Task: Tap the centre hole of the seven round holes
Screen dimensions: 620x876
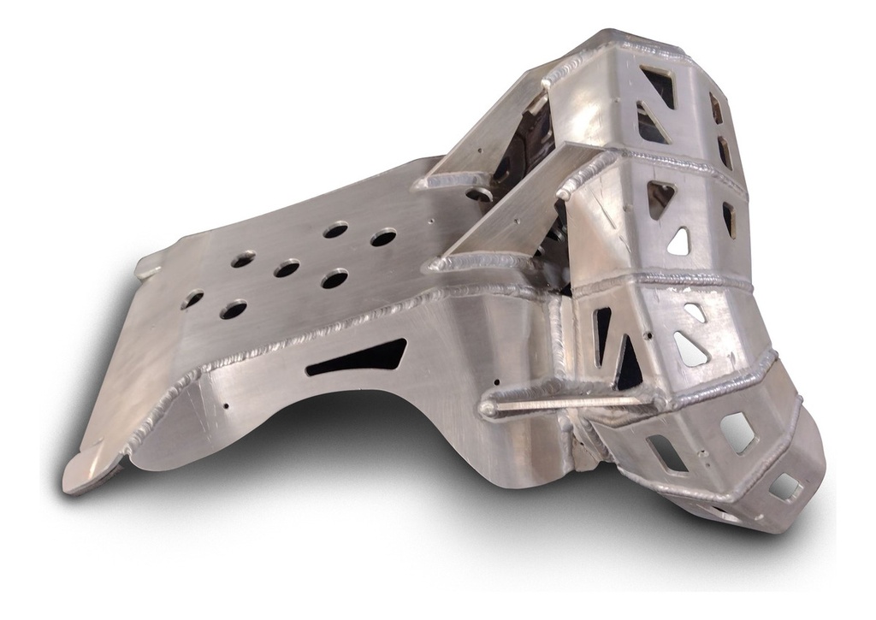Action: tap(287, 269)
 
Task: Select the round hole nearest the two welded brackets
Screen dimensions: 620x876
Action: tap(382, 237)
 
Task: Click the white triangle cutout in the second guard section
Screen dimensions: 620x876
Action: tap(679, 242)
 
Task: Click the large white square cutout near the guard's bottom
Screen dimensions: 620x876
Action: tap(737, 432)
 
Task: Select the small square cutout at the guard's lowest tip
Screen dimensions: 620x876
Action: tap(784, 487)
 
